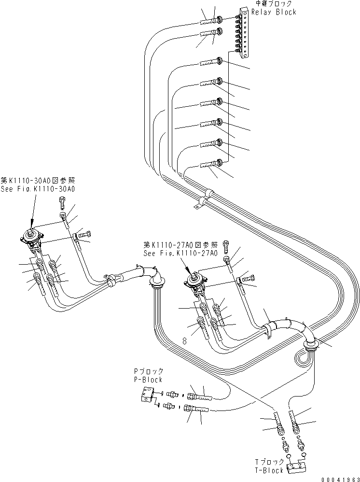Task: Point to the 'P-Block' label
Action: pos(149,380)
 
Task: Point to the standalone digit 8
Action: pos(185,340)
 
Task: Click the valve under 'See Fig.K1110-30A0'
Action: pos(33,239)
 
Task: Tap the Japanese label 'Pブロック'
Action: pos(149,371)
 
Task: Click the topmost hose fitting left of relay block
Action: pos(210,20)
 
